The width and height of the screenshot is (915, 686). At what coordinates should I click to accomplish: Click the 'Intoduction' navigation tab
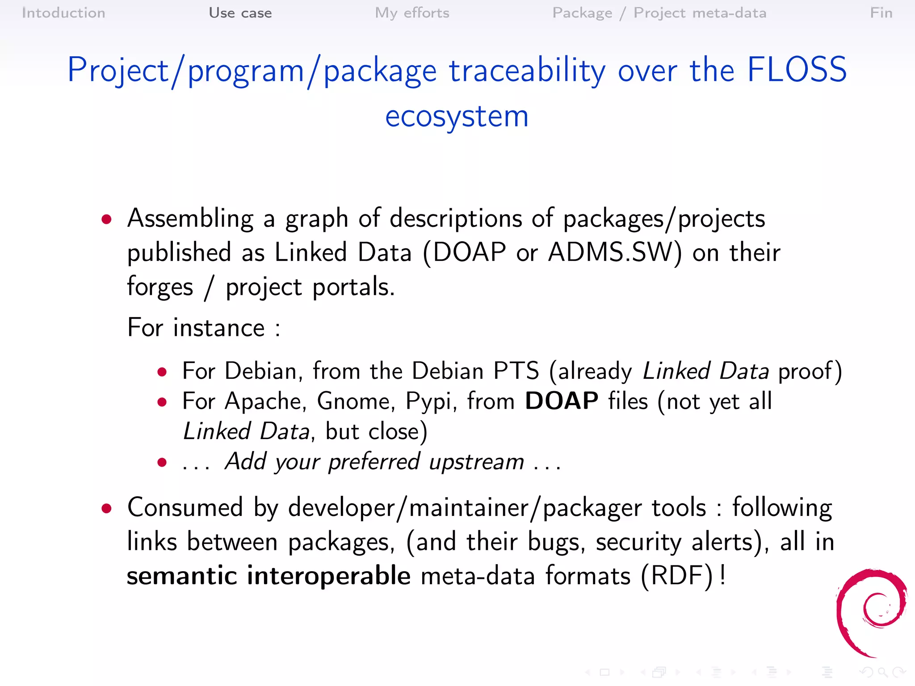63,13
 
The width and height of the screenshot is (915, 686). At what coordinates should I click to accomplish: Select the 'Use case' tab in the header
240,13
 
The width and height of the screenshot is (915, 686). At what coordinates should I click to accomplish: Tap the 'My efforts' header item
412,13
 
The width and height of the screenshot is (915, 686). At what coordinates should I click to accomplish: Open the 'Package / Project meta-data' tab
659,13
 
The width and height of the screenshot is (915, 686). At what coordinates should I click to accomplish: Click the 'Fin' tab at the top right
881,13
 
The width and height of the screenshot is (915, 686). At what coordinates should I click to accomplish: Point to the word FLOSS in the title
797,70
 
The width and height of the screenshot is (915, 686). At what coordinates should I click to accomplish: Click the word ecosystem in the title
457,116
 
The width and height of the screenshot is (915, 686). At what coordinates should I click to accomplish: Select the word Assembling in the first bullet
190,219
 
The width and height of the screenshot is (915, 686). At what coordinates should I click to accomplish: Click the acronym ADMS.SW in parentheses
610,252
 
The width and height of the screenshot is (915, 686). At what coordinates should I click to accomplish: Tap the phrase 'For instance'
196,328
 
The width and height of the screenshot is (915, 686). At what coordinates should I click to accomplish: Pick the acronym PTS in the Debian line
516,371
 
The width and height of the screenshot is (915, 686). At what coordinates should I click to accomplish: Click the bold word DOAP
561,401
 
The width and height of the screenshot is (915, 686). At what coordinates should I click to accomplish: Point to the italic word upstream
476,462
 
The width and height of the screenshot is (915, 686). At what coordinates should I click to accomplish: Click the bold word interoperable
328,576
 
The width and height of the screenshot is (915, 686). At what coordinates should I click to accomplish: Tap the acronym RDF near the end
677,576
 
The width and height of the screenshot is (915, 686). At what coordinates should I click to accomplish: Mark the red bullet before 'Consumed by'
106,508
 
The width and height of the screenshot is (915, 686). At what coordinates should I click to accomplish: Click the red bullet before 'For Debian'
162,372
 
